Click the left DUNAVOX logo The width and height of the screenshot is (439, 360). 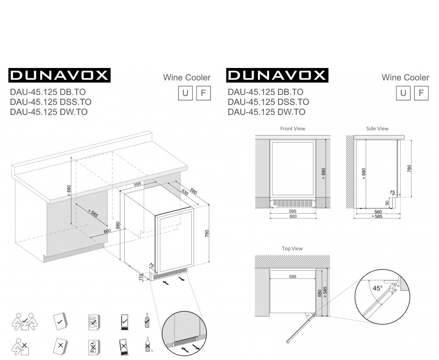point(59,75)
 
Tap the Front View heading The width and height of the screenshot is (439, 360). point(293,129)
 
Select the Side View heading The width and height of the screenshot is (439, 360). point(378,129)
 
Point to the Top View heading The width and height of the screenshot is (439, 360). point(292,248)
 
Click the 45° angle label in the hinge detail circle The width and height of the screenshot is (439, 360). point(378,288)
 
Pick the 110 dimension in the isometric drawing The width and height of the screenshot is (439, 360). point(140,277)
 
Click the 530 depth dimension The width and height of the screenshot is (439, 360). point(185,192)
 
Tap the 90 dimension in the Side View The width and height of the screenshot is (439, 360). point(387,203)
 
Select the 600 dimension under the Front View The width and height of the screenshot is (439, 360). point(293,216)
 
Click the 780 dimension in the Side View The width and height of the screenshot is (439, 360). point(409,169)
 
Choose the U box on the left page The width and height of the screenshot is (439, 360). point(185,93)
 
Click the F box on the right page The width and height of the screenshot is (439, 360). point(421,93)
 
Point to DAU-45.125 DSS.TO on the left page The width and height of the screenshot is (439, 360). point(51,102)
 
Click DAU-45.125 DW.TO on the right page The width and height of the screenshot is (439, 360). point(266,112)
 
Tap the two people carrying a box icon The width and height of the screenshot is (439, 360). point(25,322)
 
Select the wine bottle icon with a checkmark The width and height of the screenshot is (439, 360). point(147,320)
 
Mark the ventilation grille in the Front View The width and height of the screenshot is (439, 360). point(293,203)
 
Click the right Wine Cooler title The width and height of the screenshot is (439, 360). point(405,78)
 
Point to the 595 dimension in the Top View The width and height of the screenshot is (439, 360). point(293,277)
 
